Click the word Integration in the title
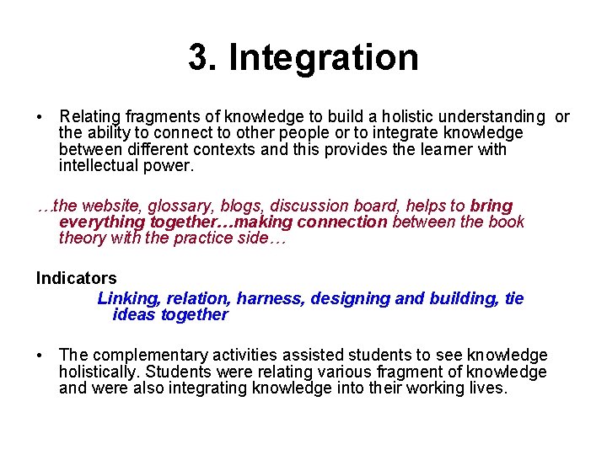pos(323,58)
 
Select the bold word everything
pos(102,222)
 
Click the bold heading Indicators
pos(77,278)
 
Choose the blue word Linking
pos(128,298)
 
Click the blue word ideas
pos(134,314)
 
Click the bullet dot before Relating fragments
pos(40,116)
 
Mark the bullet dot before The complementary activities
pos(40,356)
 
